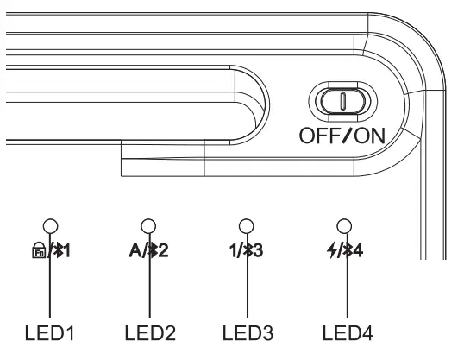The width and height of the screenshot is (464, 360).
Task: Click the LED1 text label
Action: (49, 333)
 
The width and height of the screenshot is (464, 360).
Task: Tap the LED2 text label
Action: (150, 333)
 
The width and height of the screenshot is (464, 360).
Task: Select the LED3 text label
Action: (248, 333)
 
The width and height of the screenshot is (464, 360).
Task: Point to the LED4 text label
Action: (348, 333)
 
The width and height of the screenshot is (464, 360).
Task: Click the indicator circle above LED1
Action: (50, 226)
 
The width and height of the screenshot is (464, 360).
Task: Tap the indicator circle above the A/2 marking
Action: (148, 226)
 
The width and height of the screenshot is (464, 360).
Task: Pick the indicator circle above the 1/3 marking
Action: (246, 226)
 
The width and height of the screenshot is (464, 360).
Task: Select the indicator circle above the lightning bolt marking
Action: (344, 226)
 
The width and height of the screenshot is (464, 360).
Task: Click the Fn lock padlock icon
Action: (39, 250)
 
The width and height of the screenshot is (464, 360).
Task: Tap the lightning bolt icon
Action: (332, 250)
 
